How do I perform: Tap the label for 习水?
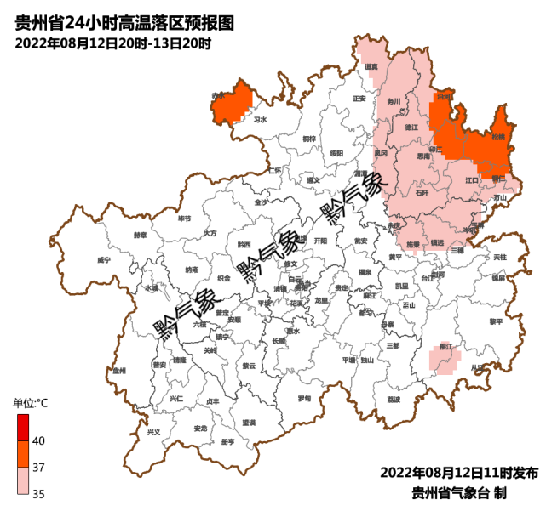(261, 121)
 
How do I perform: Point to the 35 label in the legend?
(38, 493)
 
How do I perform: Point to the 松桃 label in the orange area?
(497, 137)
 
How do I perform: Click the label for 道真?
(371, 66)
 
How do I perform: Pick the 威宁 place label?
(104, 259)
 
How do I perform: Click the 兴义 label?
(154, 432)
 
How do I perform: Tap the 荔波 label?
(394, 399)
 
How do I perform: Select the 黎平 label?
(496, 321)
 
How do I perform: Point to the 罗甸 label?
(304, 399)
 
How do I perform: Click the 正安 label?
(359, 99)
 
